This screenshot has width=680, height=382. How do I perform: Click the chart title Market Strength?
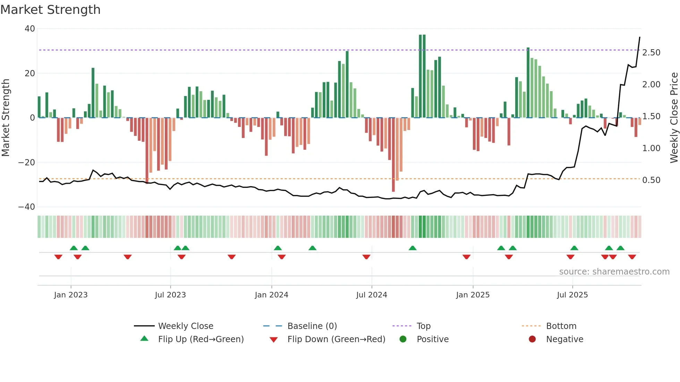[x=50, y=10]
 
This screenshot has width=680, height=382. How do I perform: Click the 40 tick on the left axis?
[x=30, y=29]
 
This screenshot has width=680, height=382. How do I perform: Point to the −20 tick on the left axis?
[x=27, y=163]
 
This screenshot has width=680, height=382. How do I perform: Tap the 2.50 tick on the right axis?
[x=651, y=53]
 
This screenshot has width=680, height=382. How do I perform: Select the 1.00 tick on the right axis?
[x=651, y=148]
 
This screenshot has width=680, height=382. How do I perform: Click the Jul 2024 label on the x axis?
[x=372, y=295]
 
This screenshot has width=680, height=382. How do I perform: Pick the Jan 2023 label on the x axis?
[x=71, y=295]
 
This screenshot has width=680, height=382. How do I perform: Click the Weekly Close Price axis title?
[x=674, y=118]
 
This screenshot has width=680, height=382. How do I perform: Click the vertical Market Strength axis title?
[x=6, y=118]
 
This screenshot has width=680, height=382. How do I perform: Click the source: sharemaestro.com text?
[x=614, y=272]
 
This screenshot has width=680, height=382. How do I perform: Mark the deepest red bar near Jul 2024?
[x=393, y=156]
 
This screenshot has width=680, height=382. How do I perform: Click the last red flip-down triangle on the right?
[x=632, y=257]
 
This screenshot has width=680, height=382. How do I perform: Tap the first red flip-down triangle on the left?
[x=58, y=257]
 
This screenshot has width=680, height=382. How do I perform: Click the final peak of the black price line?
[x=639, y=37]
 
